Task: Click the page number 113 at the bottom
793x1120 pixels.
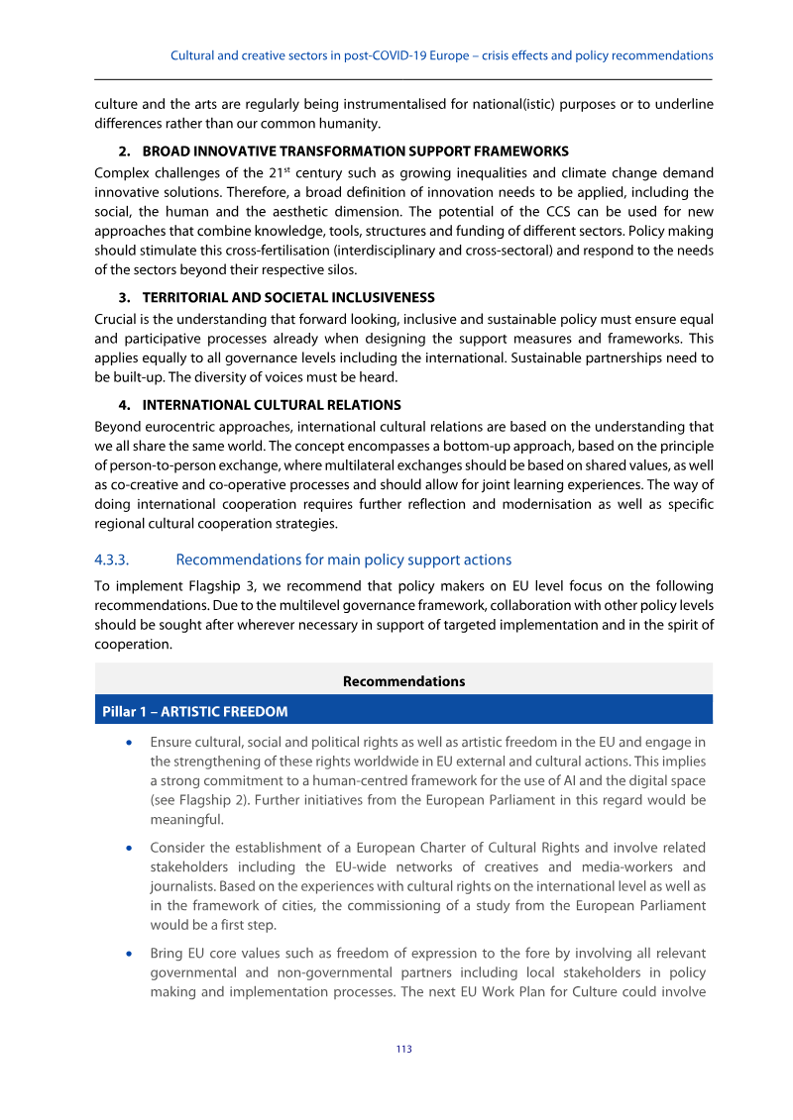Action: click(x=403, y=1049)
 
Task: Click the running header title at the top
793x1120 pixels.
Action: click(x=441, y=55)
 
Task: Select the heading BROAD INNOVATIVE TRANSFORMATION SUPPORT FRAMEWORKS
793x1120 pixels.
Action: click(x=355, y=152)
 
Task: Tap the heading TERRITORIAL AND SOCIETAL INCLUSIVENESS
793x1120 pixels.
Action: click(x=288, y=297)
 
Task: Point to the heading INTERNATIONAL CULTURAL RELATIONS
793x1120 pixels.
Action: click(x=272, y=405)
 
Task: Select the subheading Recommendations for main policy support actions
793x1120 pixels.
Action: click(x=343, y=560)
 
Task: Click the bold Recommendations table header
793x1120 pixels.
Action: click(x=403, y=681)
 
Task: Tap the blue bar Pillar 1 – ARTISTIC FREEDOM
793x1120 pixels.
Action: click(x=194, y=711)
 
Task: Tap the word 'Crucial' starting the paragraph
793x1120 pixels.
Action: click(x=116, y=319)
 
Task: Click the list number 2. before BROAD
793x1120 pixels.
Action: click(x=125, y=152)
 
